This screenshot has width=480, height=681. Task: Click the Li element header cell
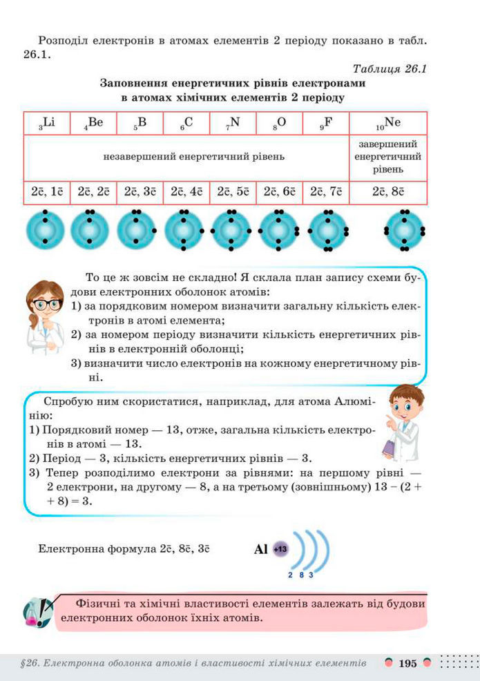[x=47, y=123]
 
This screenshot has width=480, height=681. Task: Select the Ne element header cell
[x=388, y=123]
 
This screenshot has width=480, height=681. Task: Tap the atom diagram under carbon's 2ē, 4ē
[x=184, y=230]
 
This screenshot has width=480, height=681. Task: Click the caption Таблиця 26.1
[x=391, y=69]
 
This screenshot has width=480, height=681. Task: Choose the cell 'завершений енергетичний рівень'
[x=388, y=157]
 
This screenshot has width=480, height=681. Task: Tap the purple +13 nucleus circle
[x=280, y=549]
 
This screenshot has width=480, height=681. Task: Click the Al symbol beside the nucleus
[x=261, y=550]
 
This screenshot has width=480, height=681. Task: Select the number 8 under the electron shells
[x=301, y=575]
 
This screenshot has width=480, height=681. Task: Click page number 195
[x=408, y=664]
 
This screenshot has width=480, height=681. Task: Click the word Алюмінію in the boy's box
[x=345, y=401]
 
